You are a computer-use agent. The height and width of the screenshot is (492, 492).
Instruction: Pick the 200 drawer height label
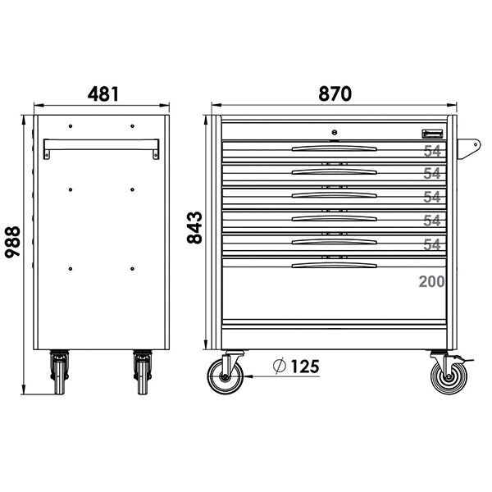(430, 281)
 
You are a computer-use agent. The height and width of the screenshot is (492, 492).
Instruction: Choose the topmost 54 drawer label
(432, 151)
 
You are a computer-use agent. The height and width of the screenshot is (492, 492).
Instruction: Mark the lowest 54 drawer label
(432, 244)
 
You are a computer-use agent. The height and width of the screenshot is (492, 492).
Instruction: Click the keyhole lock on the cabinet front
(335, 131)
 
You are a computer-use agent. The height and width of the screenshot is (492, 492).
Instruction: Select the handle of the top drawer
(335, 148)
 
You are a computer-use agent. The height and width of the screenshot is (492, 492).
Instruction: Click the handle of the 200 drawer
(335, 266)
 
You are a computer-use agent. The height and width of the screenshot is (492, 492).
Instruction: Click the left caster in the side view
(59, 374)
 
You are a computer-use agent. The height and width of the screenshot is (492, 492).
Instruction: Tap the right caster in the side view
(141, 374)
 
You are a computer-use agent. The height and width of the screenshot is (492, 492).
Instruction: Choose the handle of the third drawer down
(335, 195)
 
